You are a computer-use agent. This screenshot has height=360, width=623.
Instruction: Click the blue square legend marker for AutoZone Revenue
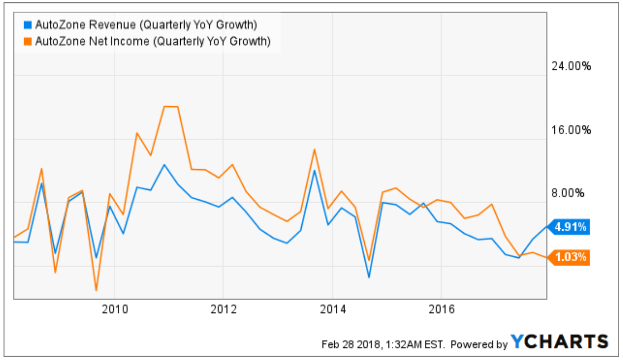coord(27,24)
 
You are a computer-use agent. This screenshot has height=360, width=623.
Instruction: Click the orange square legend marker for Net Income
coord(27,41)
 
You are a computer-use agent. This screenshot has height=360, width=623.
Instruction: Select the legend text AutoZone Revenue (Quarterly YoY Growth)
coord(146,24)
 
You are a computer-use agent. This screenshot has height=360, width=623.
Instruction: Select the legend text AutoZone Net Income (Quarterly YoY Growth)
coord(152,41)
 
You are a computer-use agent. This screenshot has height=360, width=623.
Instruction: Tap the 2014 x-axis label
coord(333,308)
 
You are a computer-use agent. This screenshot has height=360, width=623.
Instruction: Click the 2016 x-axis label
coord(441,308)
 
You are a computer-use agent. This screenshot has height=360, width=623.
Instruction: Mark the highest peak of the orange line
coord(171,106)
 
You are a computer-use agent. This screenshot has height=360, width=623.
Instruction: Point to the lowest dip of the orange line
coord(96,290)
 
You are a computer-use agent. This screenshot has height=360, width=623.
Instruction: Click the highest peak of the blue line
coord(164,165)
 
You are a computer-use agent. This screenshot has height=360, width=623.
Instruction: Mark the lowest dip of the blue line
coord(369,278)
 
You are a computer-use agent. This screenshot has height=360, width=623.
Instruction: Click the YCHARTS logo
coord(560,341)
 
